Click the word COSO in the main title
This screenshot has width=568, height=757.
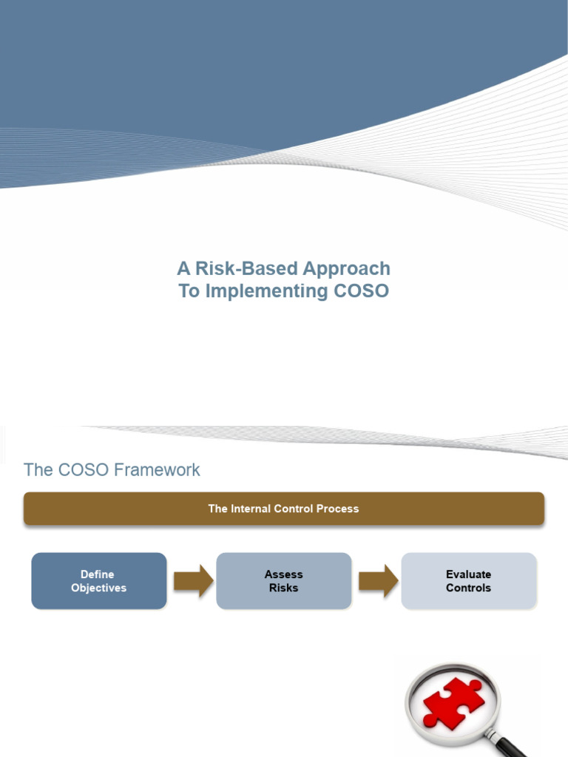[361, 291]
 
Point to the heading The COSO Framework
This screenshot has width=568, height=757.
[112, 470]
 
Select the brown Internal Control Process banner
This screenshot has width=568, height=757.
[284, 509]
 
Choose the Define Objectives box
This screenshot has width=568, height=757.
[98, 581]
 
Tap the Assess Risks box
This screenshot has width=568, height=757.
[283, 581]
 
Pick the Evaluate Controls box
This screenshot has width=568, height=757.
[468, 581]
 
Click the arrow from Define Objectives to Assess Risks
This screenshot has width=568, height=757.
[192, 581]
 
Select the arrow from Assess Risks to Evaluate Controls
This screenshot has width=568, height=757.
[376, 581]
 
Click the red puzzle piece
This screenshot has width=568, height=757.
[452, 702]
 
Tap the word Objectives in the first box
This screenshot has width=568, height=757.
[98, 588]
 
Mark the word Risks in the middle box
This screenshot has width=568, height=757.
[283, 588]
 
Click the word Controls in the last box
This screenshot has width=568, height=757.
[468, 588]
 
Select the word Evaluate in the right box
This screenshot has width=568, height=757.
[468, 574]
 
